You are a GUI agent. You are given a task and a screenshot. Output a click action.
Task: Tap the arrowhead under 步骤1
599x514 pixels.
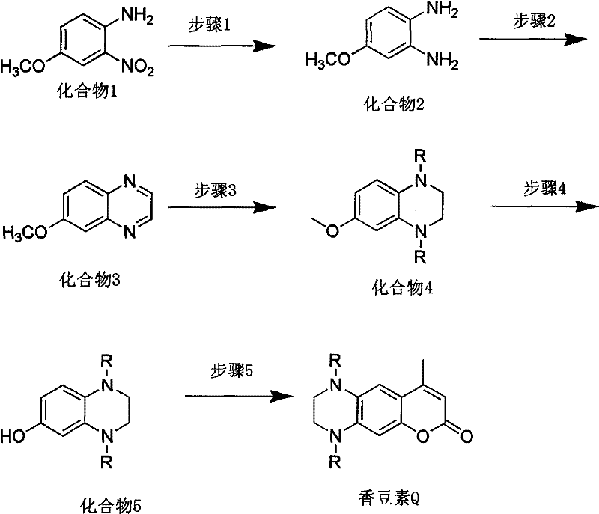coord(260,47)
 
